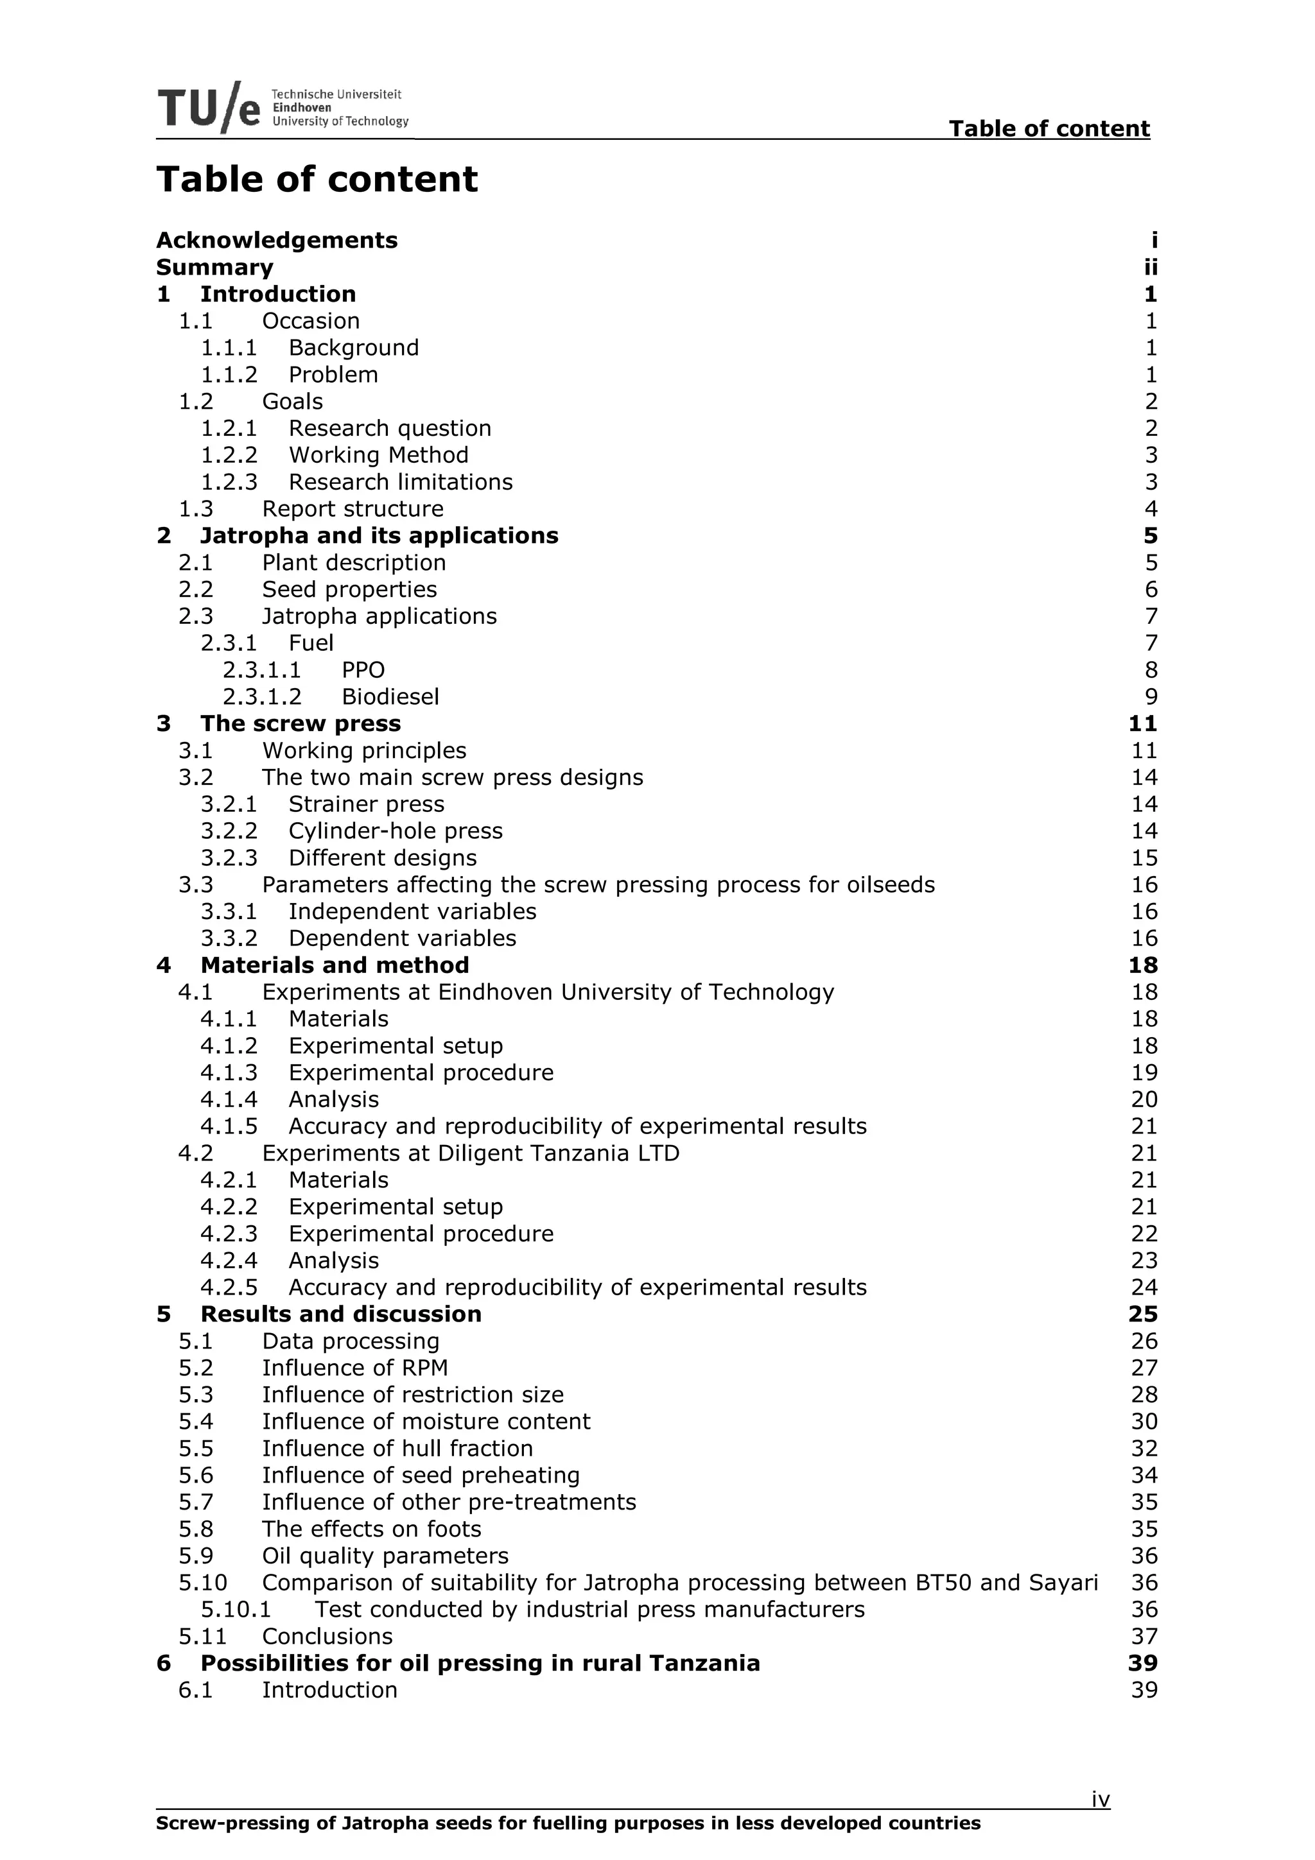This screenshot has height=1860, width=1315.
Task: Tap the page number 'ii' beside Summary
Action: [1150, 268]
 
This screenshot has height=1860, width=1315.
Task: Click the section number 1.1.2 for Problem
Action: [229, 375]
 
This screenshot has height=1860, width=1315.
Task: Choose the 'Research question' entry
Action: [390, 429]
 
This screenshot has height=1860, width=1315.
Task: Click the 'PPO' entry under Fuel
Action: [363, 670]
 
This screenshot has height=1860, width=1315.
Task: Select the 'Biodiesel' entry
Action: [390, 696]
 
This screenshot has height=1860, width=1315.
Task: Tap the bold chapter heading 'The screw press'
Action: [300, 723]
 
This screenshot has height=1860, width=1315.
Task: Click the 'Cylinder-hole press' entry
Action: [396, 831]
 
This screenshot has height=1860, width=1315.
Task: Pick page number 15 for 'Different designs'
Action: [1144, 858]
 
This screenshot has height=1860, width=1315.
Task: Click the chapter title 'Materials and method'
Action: [335, 965]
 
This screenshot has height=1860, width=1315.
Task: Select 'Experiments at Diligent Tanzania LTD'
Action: [471, 1153]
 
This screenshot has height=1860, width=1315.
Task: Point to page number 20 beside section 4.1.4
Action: [1144, 1099]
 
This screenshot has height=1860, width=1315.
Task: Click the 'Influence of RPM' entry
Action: [355, 1368]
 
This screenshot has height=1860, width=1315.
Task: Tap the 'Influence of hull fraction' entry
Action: [397, 1449]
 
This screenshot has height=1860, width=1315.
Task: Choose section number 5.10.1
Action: [236, 1610]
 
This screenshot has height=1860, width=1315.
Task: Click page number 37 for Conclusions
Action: [1144, 1637]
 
